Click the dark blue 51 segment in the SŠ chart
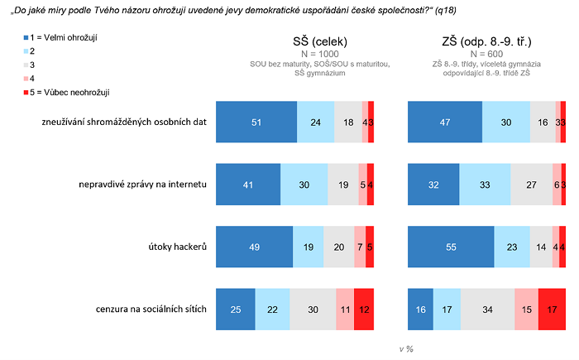click(256, 122)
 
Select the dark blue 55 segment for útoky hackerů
click(452, 246)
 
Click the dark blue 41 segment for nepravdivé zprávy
click(248, 184)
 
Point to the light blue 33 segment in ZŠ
click(485, 184)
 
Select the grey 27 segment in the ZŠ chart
click(531, 184)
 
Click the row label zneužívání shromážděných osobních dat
click(123, 122)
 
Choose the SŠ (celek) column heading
click(320, 41)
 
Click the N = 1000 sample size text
click(320, 54)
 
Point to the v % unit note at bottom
click(406, 349)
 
